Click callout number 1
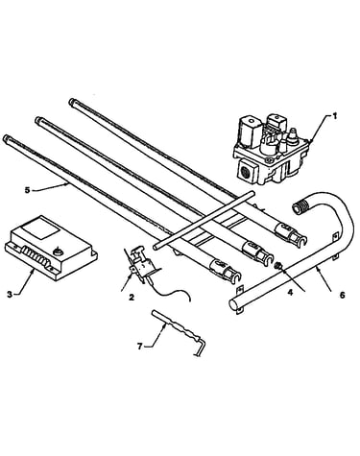[334, 116]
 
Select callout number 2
[132, 298]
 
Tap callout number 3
[10, 294]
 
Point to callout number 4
[291, 292]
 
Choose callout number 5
[27, 190]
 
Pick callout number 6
[343, 295]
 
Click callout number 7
[139, 347]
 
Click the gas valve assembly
[272, 150]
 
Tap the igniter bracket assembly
[139, 263]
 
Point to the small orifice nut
[278, 266]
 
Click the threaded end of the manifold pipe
[299, 208]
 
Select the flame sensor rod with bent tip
[178, 333]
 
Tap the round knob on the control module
[58, 252]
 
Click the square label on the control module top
[41, 229]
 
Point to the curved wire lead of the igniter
[170, 292]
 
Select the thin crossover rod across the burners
[204, 220]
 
